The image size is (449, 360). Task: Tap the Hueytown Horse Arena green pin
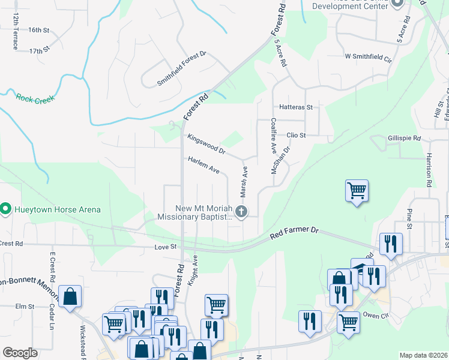6,209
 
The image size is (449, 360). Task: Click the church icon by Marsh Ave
241,211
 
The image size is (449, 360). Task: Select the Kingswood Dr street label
206,143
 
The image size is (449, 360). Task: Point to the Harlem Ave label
203,166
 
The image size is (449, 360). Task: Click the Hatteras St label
297,107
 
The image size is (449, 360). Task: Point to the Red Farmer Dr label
294,233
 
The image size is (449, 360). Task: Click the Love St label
166,247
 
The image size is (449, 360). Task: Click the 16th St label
38,29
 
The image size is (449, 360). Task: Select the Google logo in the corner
20,353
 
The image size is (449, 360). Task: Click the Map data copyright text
424,355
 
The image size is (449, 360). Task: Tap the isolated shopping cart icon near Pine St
357,191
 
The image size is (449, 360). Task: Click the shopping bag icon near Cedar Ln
70,296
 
